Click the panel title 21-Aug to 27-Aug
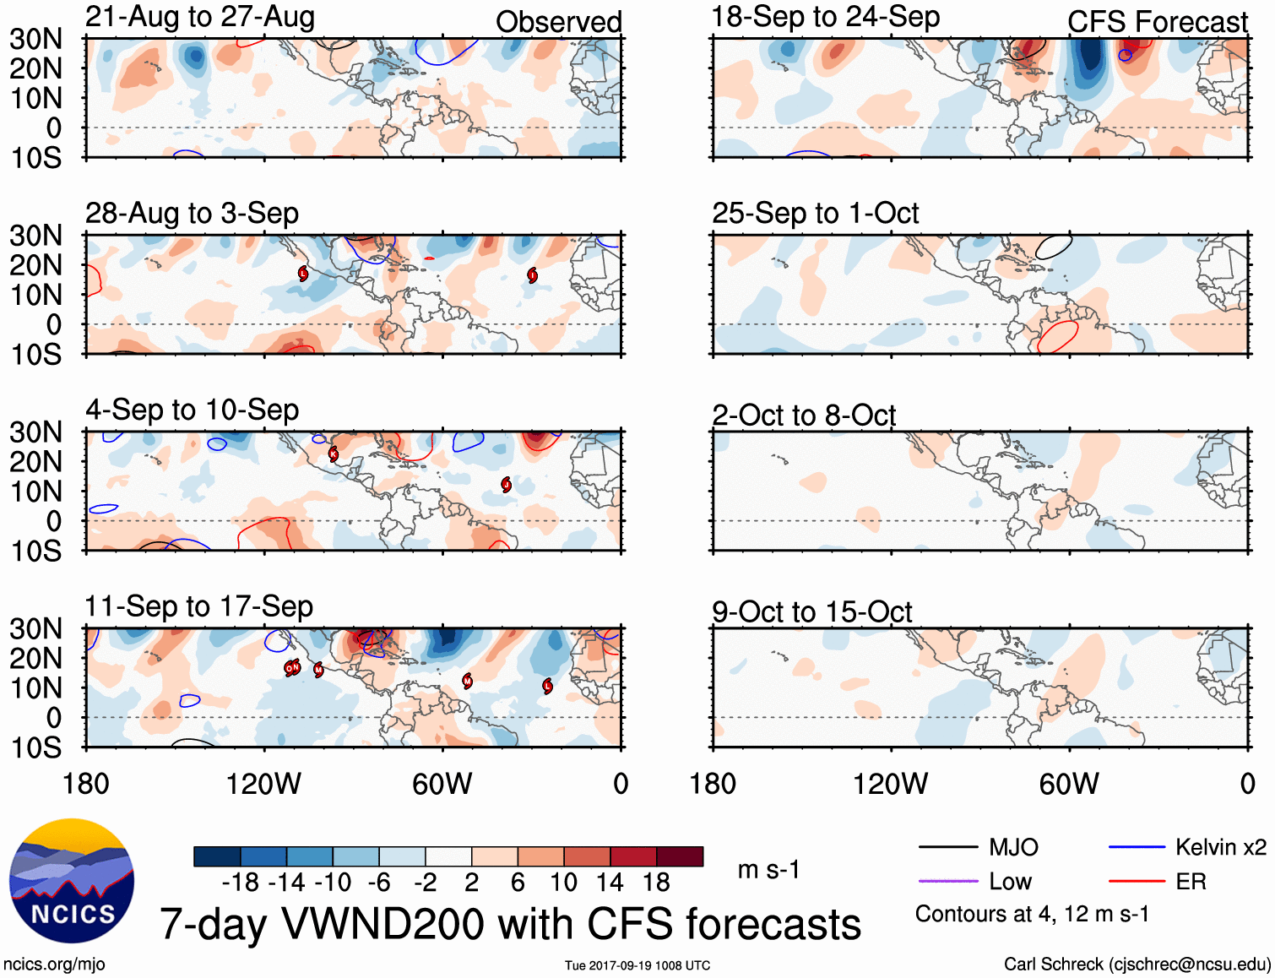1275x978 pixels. pyautogui.click(x=200, y=17)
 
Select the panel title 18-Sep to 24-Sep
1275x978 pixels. pyautogui.click(x=825, y=17)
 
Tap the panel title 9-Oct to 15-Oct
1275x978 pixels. pyautogui.click(x=811, y=611)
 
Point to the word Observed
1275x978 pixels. pyautogui.click(x=558, y=22)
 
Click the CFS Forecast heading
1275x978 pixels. pyautogui.click(x=1157, y=22)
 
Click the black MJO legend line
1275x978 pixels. pyautogui.click(x=947, y=847)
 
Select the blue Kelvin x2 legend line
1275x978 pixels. pyautogui.click(x=1137, y=847)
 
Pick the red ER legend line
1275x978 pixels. pyautogui.click(x=1137, y=882)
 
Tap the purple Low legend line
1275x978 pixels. pyautogui.click(x=947, y=882)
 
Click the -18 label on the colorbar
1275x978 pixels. pyautogui.click(x=241, y=883)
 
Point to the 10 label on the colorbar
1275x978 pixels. pyautogui.click(x=563, y=883)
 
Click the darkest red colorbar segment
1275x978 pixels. pyautogui.click(x=680, y=856)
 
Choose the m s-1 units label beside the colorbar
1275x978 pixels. pyautogui.click(x=768, y=870)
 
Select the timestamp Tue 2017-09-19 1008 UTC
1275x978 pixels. pyautogui.click(x=637, y=965)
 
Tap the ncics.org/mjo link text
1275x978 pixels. pyautogui.click(x=54, y=964)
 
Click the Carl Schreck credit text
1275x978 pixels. pyautogui.click(x=1137, y=964)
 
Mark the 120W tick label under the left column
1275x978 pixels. pyautogui.click(x=263, y=784)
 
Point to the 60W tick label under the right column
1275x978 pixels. pyautogui.click(x=1069, y=784)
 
